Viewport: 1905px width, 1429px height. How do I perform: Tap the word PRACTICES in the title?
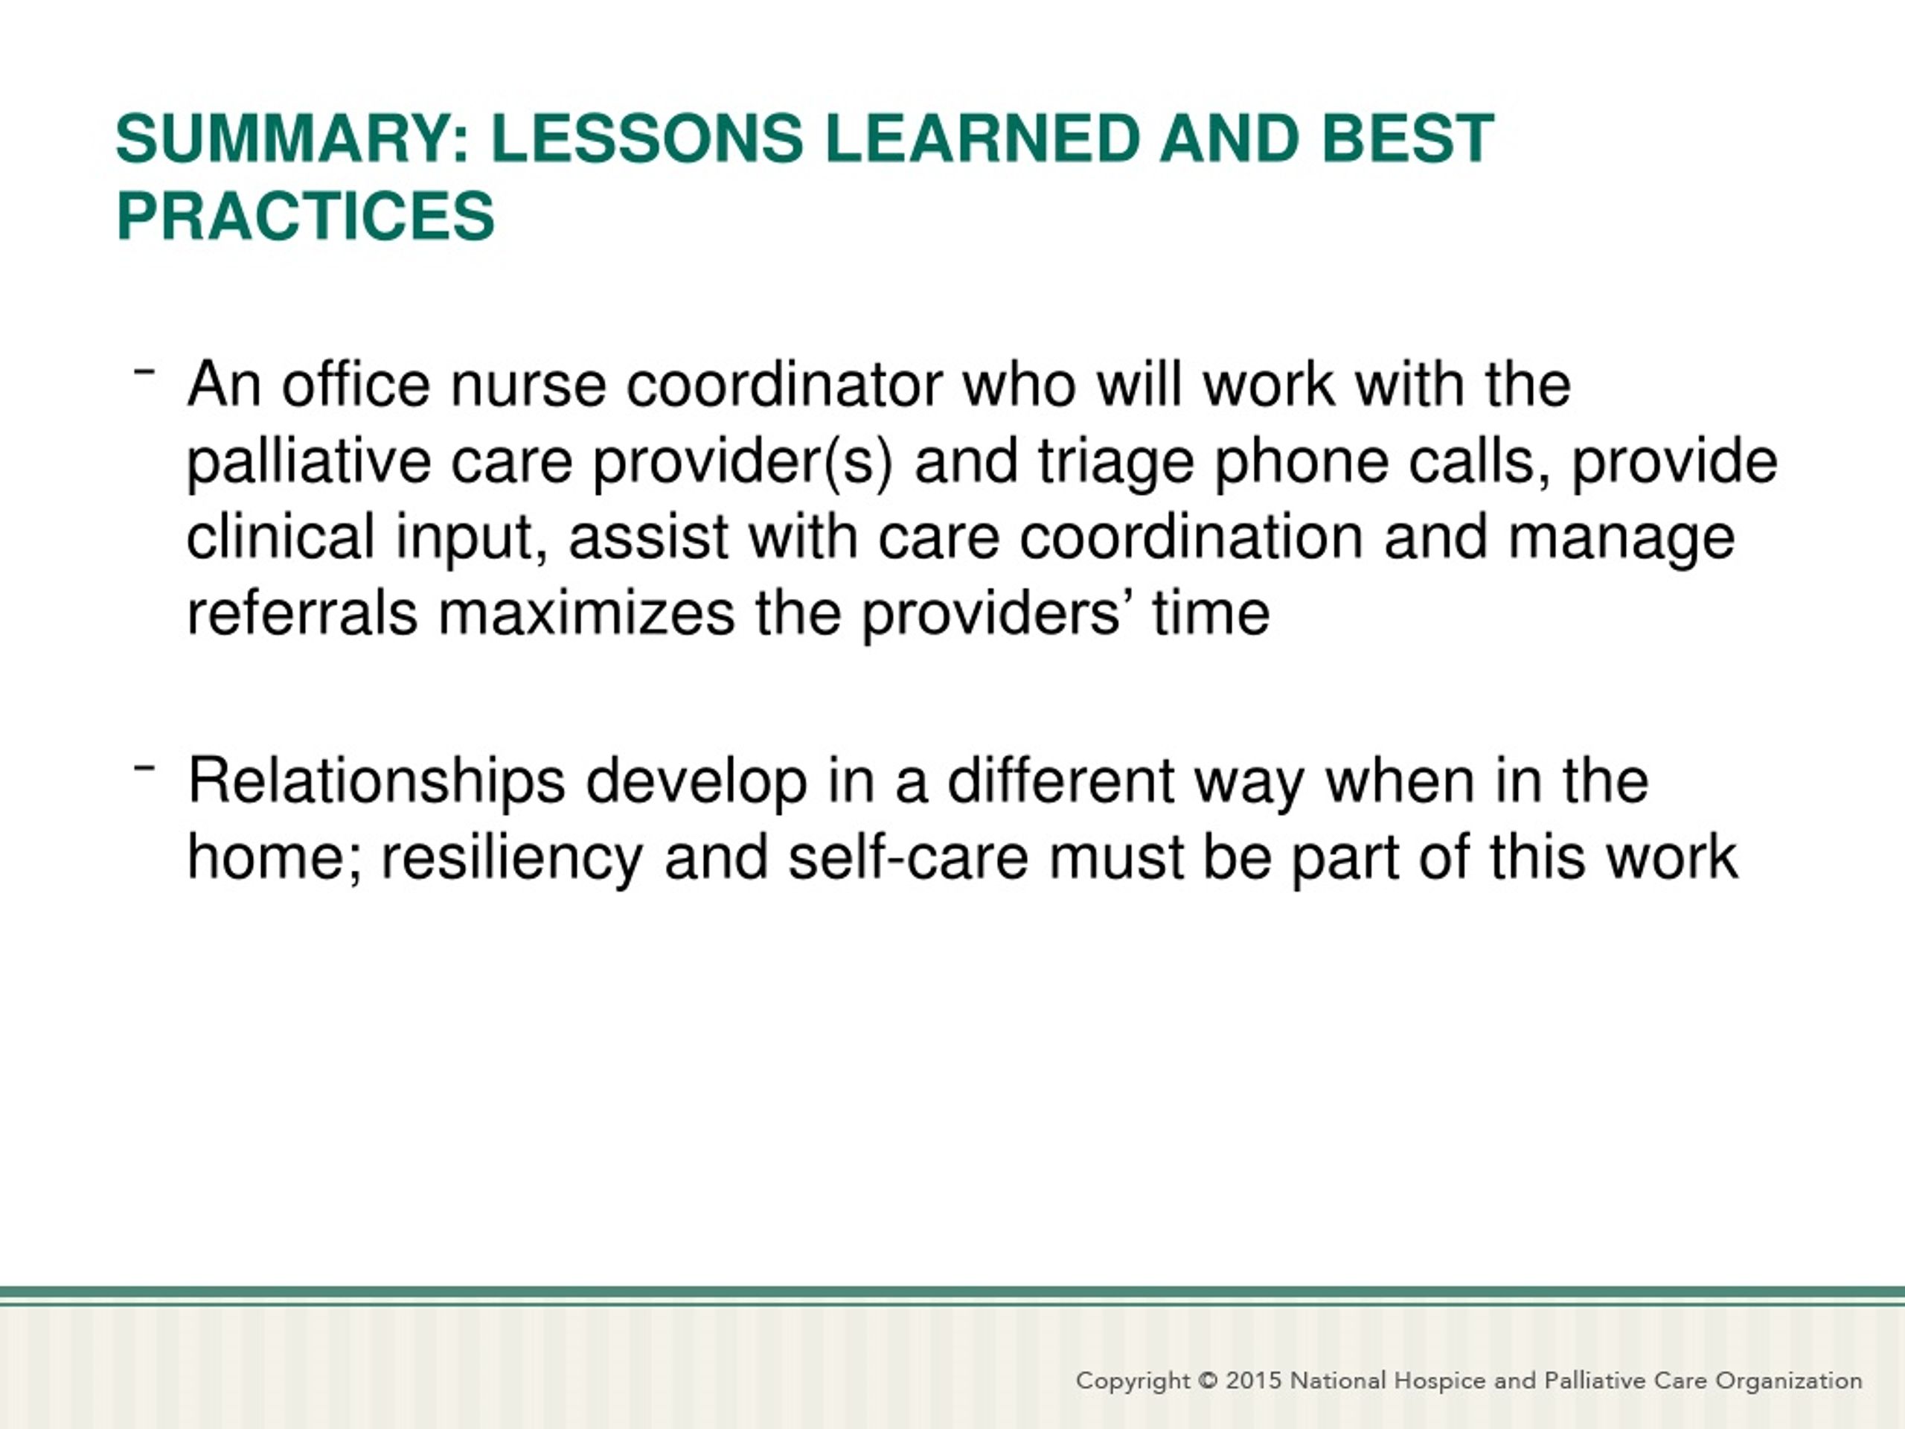(x=306, y=215)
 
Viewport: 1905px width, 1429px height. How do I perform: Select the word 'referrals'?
(x=302, y=613)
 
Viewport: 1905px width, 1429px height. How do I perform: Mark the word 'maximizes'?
(x=587, y=613)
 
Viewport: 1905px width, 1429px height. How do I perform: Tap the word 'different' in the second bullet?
(x=1061, y=781)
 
